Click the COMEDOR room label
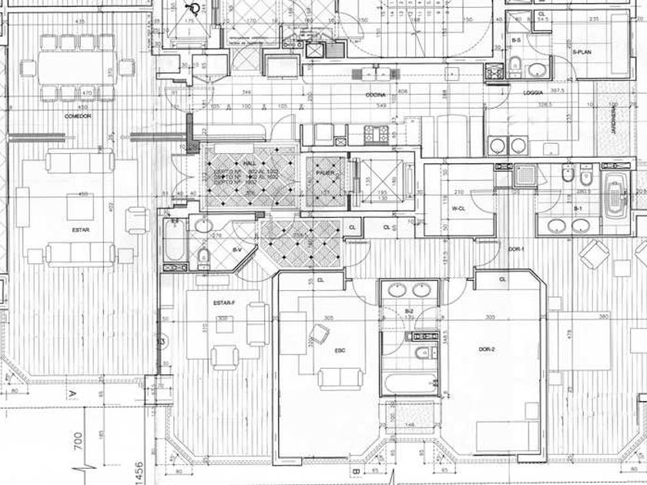79,116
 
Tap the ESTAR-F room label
225,303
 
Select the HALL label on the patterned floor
249,164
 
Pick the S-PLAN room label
583,52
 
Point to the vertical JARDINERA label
614,120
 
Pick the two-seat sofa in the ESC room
340,377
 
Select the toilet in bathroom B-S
515,65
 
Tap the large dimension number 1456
118,465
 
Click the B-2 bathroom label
409,311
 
